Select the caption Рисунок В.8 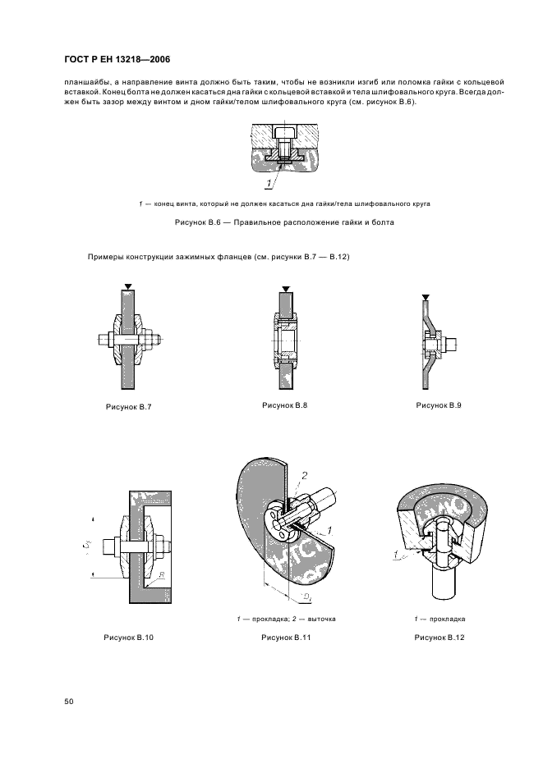tap(284, 405)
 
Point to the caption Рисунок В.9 tap(438, 405)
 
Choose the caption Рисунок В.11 tap(284, 637)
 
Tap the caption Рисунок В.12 tap(438, 637)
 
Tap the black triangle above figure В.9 tap(425, 297)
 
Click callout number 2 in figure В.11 tap(303, 476)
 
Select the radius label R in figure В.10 tap(163, 576)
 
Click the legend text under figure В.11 tap(284, 618)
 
